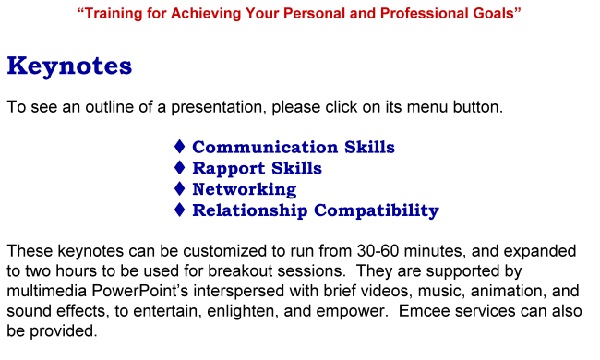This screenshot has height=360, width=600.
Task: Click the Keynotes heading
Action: point(69,66)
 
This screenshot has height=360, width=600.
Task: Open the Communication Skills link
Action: point(293,148)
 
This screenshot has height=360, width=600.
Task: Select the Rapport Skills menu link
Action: point(257,168)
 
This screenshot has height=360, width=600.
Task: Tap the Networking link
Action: point(244,189)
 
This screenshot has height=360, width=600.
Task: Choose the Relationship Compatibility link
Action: point(315,210)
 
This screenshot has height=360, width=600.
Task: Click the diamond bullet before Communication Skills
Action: point(180,148)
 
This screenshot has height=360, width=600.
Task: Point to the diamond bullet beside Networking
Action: point(180,189)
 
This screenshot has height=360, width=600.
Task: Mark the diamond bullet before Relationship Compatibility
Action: point(180,210)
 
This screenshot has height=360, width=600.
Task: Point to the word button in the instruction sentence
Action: point(478,107)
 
